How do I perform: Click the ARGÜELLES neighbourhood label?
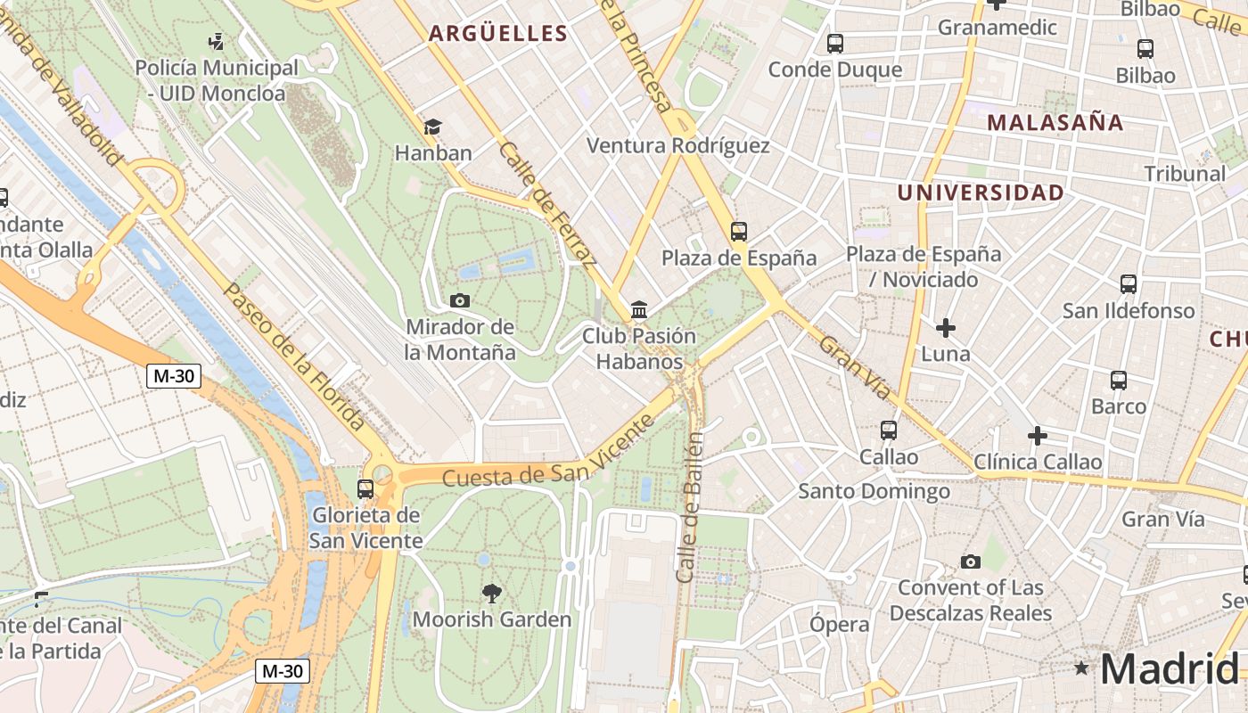point(497,34)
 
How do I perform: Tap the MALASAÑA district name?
point(1055,123)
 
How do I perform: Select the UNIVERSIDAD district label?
point(981,193)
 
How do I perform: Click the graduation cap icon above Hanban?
point(432,127)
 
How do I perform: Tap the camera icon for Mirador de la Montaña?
point(460,300)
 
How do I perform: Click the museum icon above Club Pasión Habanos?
point(639,310)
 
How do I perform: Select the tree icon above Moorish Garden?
point(491,593)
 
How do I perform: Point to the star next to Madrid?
point(1081,668)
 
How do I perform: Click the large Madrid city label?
point(1169,668)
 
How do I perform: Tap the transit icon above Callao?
point(888,430)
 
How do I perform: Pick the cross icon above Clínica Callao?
point(1037,436)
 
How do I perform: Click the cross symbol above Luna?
point(945,328)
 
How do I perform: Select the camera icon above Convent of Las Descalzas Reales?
point(971,561)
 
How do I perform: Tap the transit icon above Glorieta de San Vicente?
point(365,488)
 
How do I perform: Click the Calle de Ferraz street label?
point(546,204)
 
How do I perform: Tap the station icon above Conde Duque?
point(835,43)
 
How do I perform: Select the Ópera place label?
point(839,624)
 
